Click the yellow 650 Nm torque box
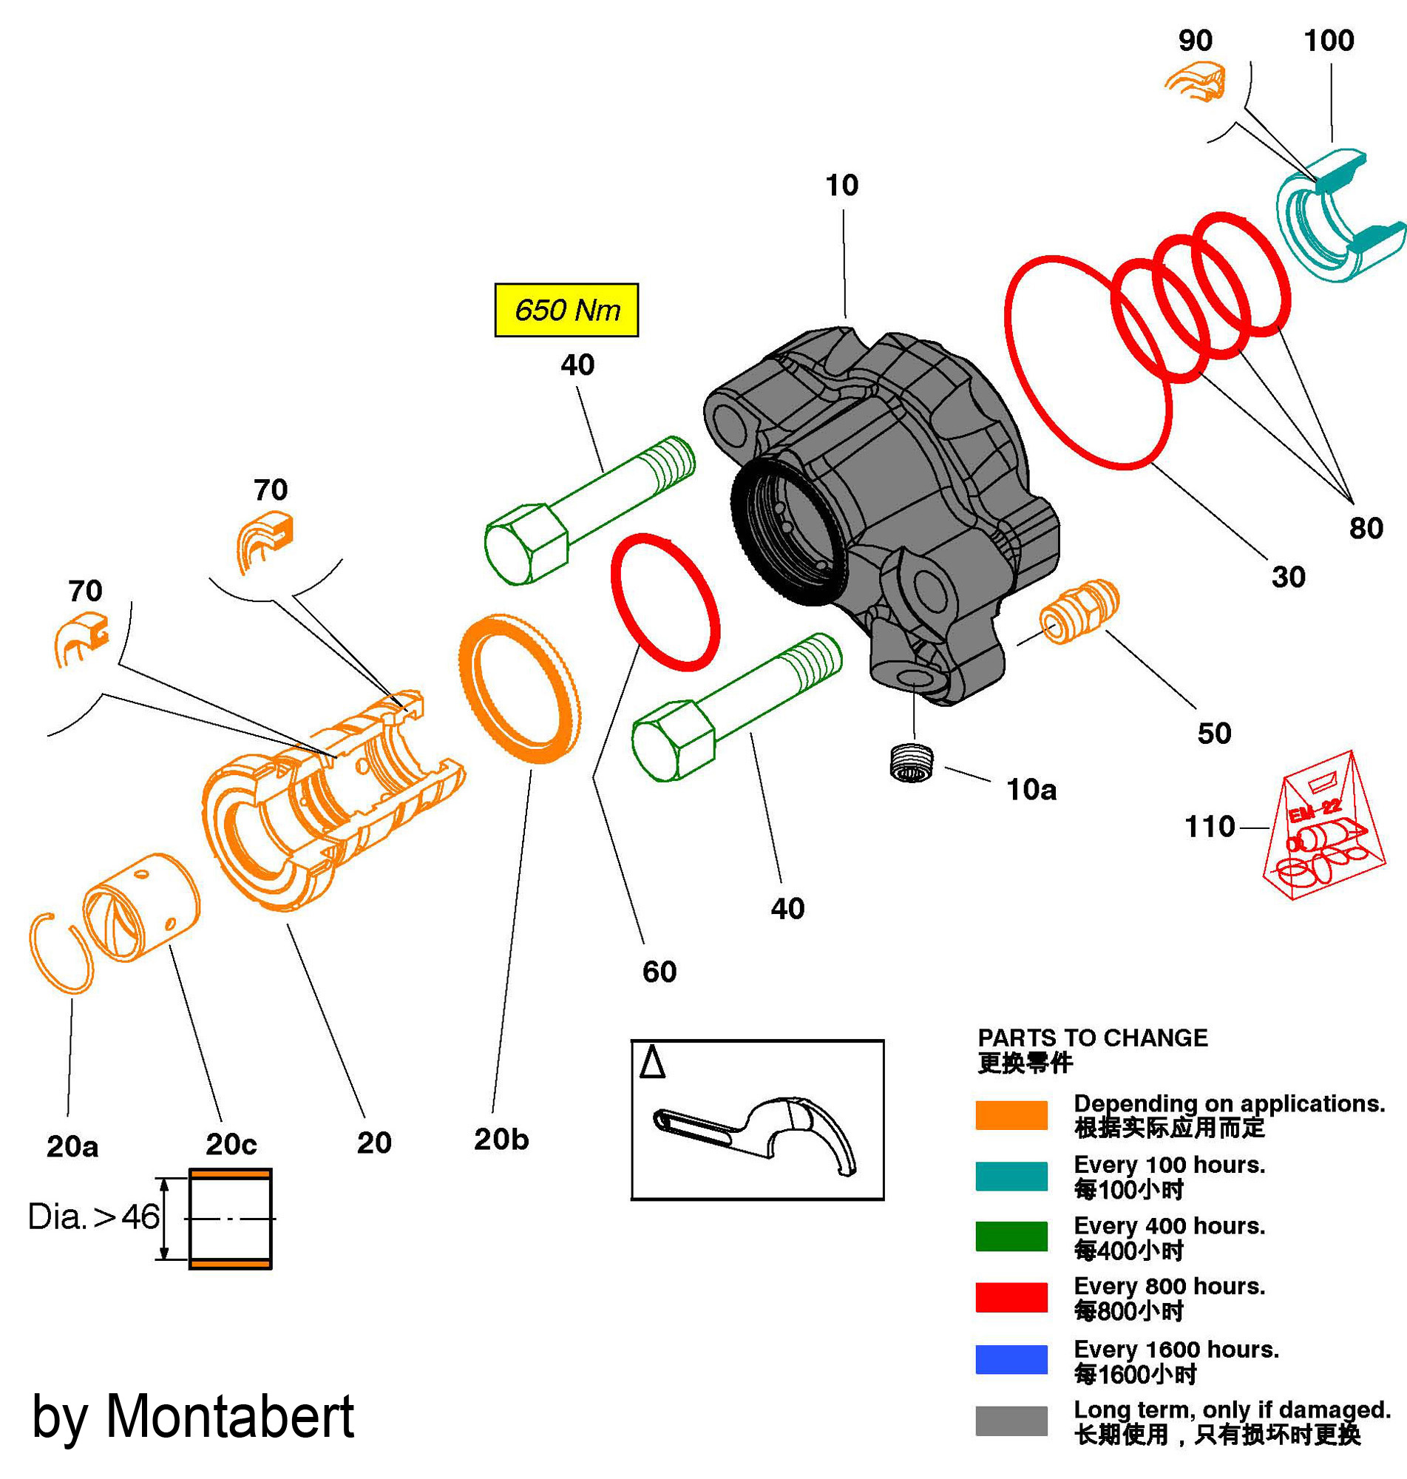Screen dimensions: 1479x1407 tap(566, 310)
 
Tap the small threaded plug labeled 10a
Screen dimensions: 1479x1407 tap(911, 763)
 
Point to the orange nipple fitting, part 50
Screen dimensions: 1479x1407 tap(1079, 612)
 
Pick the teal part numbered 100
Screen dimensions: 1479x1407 tap(1339, 217)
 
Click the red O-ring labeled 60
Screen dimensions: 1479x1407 tap(665, 602)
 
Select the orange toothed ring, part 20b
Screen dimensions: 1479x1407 tap(520, 688)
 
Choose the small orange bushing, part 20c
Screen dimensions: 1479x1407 tap(141, 907)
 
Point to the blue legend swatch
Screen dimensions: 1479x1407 tap(1011, 1359)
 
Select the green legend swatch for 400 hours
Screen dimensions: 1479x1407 tap(1011, 1236)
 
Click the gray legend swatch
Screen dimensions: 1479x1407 tap(1011, 1421)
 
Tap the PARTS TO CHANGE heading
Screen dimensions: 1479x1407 tap(1092, 1038)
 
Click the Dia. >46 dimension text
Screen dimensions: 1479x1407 tap(93, 1216)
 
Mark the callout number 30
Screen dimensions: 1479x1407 tap(1288, 577)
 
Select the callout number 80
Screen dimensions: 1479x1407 tap(1366, 529)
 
